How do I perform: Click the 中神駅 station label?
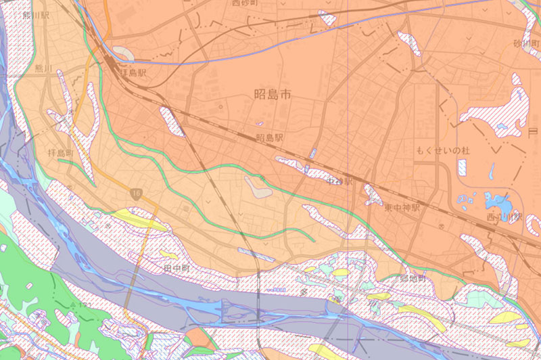(x=339, y=182)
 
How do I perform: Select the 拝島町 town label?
(x=61, y=154)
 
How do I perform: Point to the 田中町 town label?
(x=177, y=269)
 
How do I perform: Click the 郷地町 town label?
(x=413, y=278)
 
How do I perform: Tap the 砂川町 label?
(x=526, y=44)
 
